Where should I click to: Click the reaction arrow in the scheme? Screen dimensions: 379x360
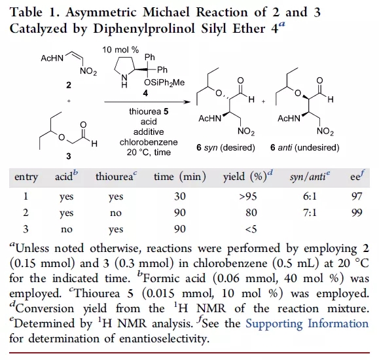(x=147, y=102)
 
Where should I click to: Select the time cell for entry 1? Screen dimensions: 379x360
(x=180, y=196)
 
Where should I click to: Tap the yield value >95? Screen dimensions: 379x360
(x=247, y=196)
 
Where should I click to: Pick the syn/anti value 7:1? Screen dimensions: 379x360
(x=310, y=213)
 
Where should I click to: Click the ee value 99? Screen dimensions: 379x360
(x=357, y=213)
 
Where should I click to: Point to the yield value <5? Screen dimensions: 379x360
(x=251, y=229)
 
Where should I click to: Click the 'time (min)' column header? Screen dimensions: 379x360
(x=180, y=177)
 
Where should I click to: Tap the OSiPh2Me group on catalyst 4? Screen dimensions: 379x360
(x=164, y=82)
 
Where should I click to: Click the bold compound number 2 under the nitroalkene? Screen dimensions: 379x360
(x=69, y=85)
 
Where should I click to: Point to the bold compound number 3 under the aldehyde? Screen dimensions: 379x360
(x=69, y=156)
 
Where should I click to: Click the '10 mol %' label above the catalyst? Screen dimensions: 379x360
(x=120, y=50)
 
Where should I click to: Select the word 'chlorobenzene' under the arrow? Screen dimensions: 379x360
(x=149, y=142)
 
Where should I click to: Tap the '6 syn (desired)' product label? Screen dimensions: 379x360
(x=226, y=147)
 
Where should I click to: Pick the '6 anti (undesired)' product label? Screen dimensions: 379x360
(x=305, y=147)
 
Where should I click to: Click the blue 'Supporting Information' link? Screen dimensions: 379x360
(x=307, y=324)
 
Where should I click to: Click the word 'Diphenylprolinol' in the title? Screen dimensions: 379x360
(x=144, y=29)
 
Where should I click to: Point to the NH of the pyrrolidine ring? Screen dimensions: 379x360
(x=124, y=81)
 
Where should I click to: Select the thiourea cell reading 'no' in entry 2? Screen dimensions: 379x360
(x=116, y=213)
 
